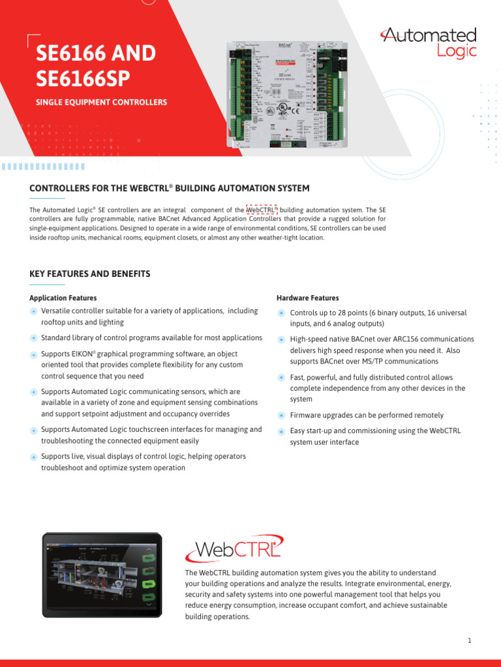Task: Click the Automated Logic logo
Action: [x=429, y=43]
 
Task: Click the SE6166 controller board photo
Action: [x=287, y=95]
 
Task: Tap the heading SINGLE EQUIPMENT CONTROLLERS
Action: [x=101, y=102]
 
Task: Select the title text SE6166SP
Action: [x=83, y=78]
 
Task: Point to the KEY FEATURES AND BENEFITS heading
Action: [x=90, y=274]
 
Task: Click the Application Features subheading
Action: [x=63, y=298]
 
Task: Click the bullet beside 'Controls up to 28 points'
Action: [x=281, y=313]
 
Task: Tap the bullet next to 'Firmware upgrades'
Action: [x=281, y=416]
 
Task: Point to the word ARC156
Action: [x=403, y=339]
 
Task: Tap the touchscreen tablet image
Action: [x=102, y=574]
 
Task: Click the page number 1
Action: [x=469, y=641]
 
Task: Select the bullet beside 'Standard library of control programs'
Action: [x=33, y=338]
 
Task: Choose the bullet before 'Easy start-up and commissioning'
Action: [x=281, y=431]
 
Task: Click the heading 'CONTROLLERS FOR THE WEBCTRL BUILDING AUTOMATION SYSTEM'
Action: [x=170, y=188]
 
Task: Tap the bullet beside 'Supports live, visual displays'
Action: [x=33, y=457]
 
